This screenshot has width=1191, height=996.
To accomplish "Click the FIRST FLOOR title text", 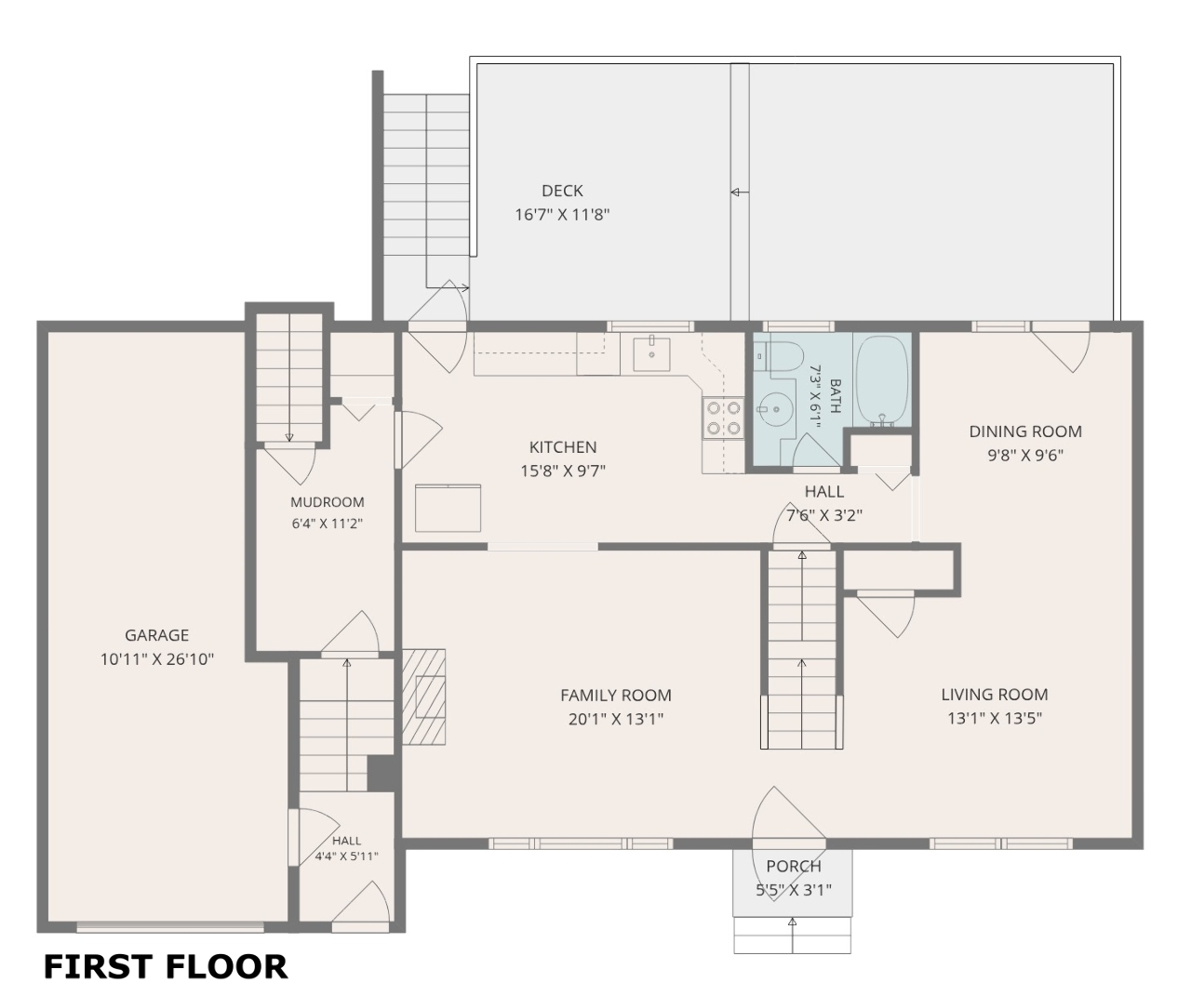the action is point(166,967).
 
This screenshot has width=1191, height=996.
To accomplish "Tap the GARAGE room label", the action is point(157,635).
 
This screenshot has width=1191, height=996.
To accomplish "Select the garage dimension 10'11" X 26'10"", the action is point(157,659).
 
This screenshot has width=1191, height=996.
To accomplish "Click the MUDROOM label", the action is point(327,502).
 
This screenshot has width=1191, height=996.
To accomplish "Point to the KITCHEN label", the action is point(563,447).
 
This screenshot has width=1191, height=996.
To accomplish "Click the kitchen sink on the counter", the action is point(651,354).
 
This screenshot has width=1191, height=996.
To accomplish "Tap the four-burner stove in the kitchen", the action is point(723,418).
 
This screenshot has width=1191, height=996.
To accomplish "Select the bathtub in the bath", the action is point(882,381).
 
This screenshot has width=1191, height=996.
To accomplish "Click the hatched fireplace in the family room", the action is point(423,697).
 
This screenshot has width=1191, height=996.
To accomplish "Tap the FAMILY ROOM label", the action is point(616,695).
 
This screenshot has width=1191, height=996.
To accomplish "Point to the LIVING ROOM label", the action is point(995,695).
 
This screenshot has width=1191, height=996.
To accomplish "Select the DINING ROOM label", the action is point(1025,432).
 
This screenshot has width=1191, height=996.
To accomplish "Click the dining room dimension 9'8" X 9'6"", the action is point(1025,456).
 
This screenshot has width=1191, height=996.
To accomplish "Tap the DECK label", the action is point(562,191).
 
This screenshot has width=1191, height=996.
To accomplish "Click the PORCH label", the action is point(794,866).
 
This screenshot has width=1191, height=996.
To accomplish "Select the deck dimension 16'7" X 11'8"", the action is point(562,215).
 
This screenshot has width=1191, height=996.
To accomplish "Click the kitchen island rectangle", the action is point(448,508).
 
